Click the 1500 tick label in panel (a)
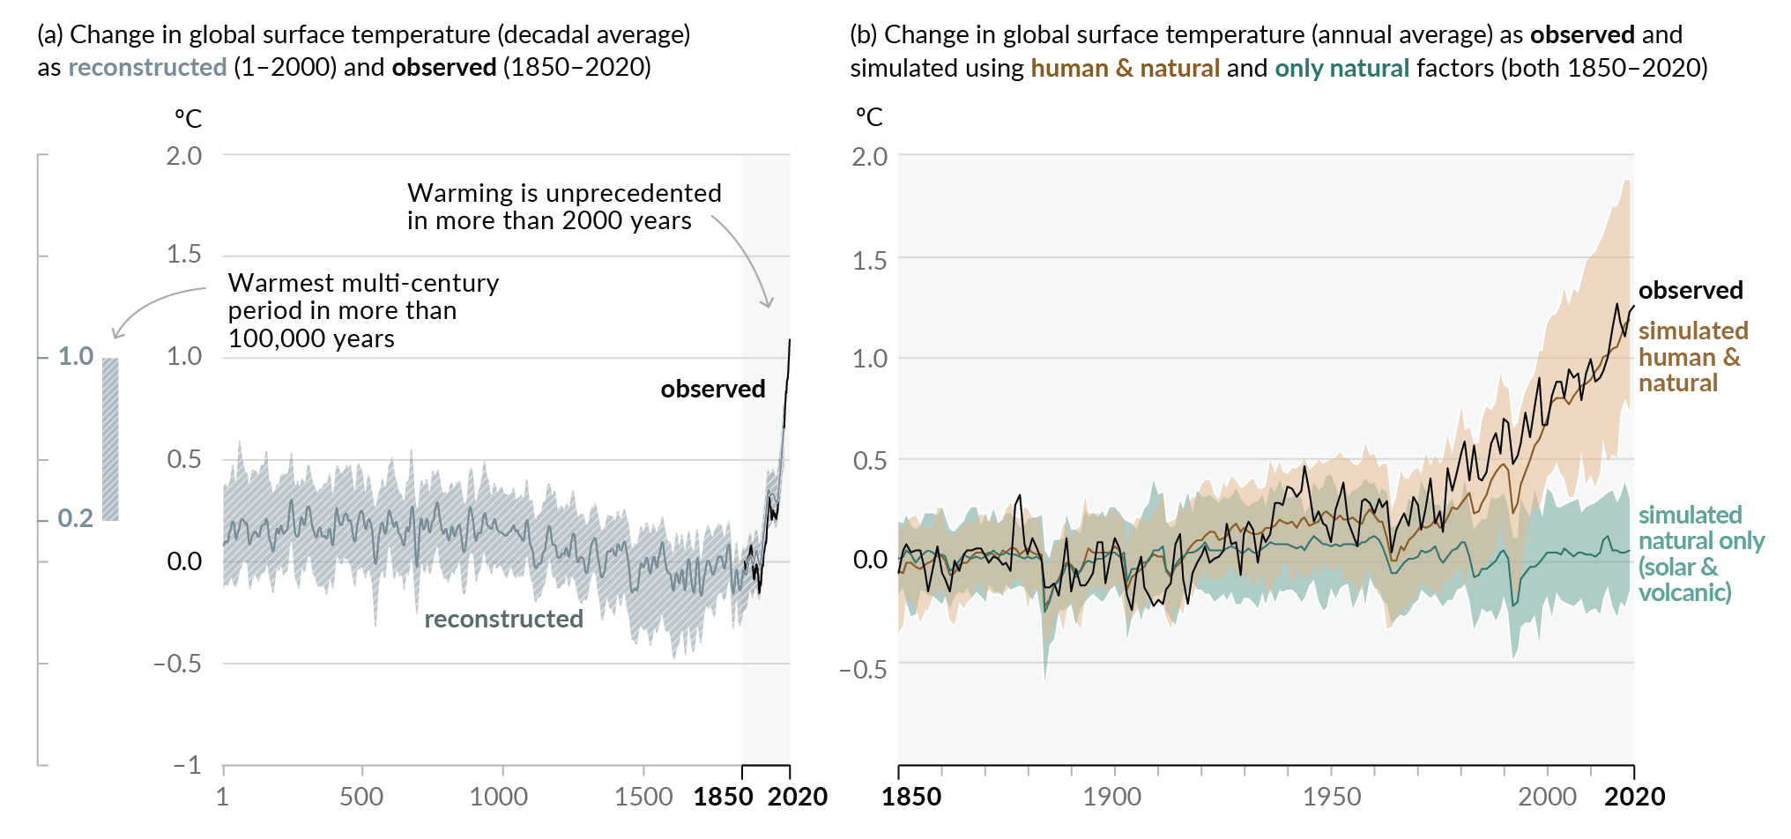(643, 797)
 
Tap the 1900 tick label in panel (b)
(1112, 797)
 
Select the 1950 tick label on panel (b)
(1332, 797)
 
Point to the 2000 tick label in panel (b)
(1547, 797)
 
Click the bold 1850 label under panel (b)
(911, 797)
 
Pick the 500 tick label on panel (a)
(361, 797)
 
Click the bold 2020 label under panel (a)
(798, 797)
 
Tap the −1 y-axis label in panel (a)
(187, 765)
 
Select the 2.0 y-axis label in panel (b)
(870, 157)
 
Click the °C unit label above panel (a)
(188, 119)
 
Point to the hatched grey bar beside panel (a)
(110, 439)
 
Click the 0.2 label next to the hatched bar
(75, 518)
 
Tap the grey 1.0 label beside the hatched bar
(76, 356)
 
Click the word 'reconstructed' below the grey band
(503, 619)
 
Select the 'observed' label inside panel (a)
(712, 389)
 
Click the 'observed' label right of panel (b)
(1691, 290)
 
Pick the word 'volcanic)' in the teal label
(1684, 592)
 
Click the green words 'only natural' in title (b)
(1341, 68)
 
